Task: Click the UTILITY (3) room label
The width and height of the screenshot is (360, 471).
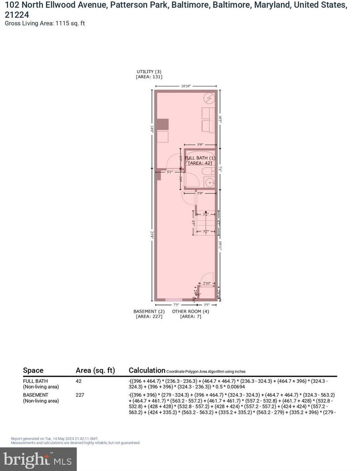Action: [149, 72]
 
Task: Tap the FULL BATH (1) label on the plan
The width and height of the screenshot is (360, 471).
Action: [200, 158]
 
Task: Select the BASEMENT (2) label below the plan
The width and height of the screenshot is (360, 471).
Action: [149, 311]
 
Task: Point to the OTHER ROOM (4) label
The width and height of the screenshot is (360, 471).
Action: [190, 311]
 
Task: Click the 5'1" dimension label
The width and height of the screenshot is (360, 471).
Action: [169, 172]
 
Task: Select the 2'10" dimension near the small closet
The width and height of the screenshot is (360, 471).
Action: [207, 283]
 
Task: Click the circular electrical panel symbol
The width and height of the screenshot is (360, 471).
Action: [209, 98]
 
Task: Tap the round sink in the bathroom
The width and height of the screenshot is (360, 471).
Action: [210, 183]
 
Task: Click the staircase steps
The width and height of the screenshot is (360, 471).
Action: [206, 223]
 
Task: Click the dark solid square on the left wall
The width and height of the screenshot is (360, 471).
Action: [162, 124]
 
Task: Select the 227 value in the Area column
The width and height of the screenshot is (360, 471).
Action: [81, 395]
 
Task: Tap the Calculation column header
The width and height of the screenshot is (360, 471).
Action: [147, 370]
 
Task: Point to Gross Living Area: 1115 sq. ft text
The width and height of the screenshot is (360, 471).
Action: [45, 23]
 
